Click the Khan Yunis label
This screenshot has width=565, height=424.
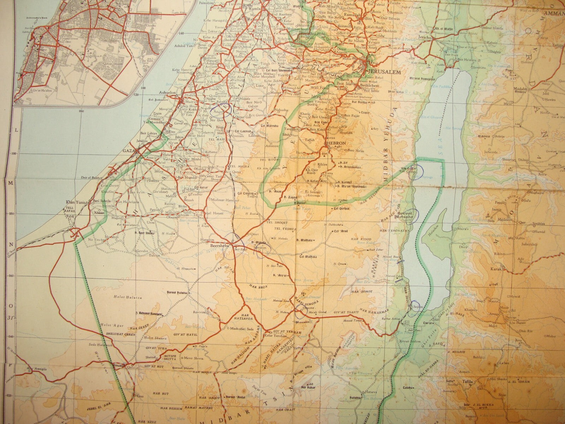tap(73, 202)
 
